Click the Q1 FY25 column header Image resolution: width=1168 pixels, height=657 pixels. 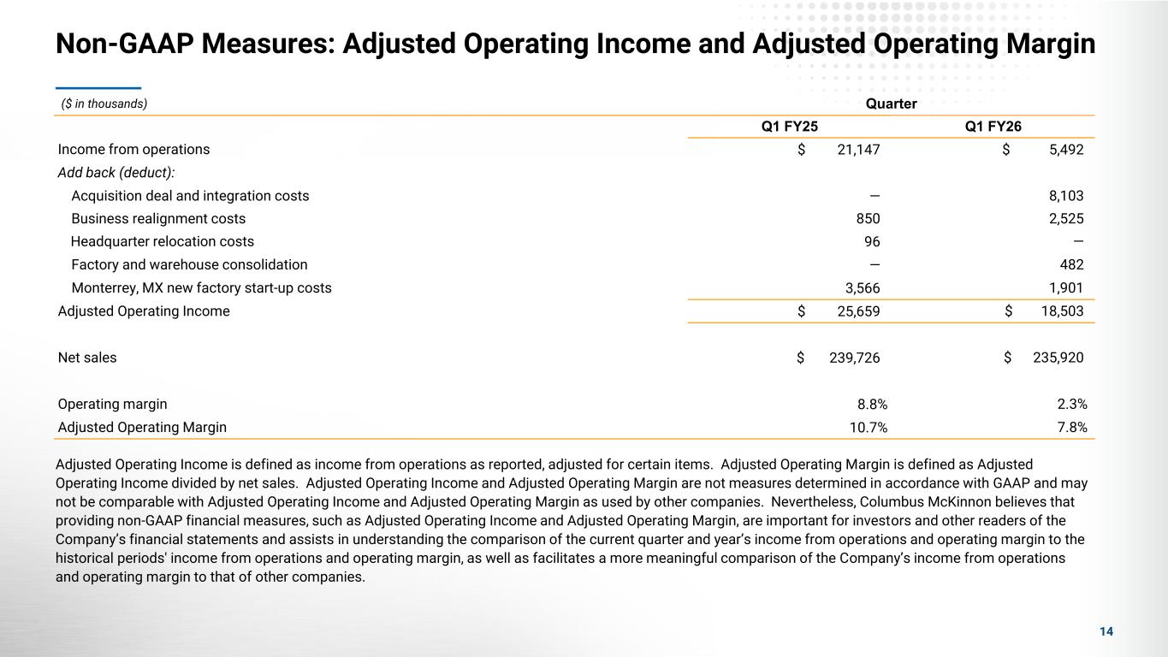coord(789,127)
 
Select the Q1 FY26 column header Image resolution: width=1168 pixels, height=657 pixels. coord(993,127)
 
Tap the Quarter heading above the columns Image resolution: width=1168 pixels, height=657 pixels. coord(891,104)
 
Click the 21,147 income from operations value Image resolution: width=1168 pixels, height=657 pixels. coord(857,150)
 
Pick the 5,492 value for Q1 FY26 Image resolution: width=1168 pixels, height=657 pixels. coord(1065,150)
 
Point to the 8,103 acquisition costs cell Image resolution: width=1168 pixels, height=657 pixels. coord(1065,196)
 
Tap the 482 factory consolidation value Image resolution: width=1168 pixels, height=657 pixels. coord(1071,265)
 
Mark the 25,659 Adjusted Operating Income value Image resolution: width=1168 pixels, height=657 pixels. coord(857,311)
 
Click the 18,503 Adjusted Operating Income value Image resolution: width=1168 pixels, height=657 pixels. coord(1062,311)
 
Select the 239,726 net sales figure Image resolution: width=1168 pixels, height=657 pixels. coord(854,358)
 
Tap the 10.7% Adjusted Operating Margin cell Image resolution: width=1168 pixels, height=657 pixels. coord(868,427)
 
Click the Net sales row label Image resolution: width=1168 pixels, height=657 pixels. coord(87,358)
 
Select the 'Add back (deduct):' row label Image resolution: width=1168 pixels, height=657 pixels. coord(116,173)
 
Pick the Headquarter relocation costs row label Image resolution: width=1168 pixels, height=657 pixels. coord(163,242)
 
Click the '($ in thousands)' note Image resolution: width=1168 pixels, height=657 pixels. coord(104,104)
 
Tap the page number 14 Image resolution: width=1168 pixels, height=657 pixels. coord(1106,631)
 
